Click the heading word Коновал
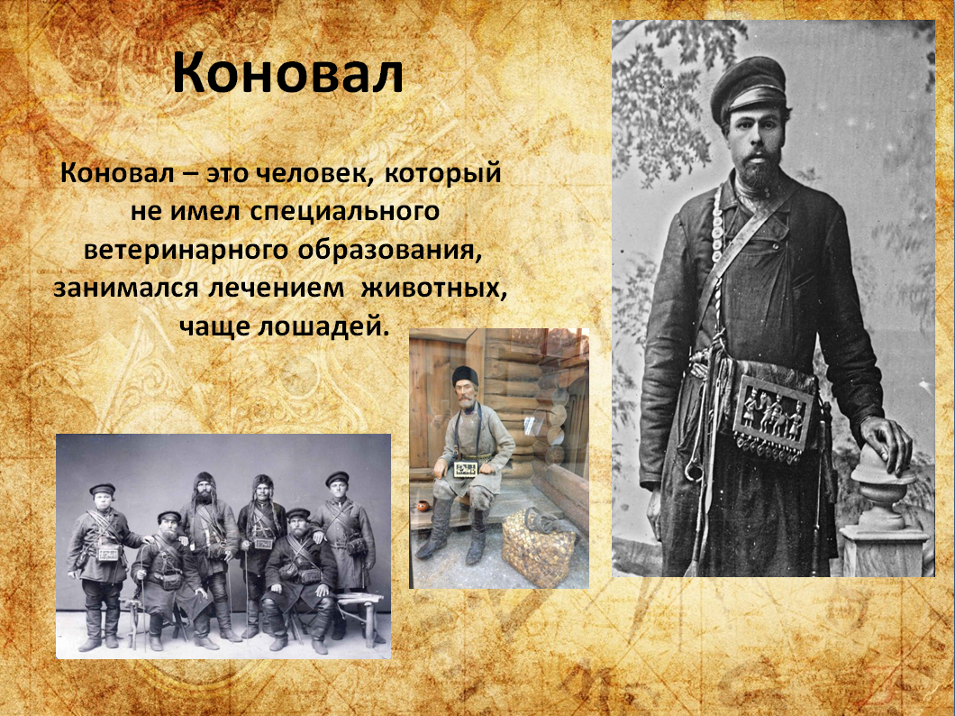[288, 74]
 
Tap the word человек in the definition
[309, 174]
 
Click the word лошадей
[323, 326]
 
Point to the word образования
[387, 251]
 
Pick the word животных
[433, 289]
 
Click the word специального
[345, 212]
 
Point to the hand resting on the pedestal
[887, 443]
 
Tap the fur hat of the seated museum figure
[465, 375]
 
